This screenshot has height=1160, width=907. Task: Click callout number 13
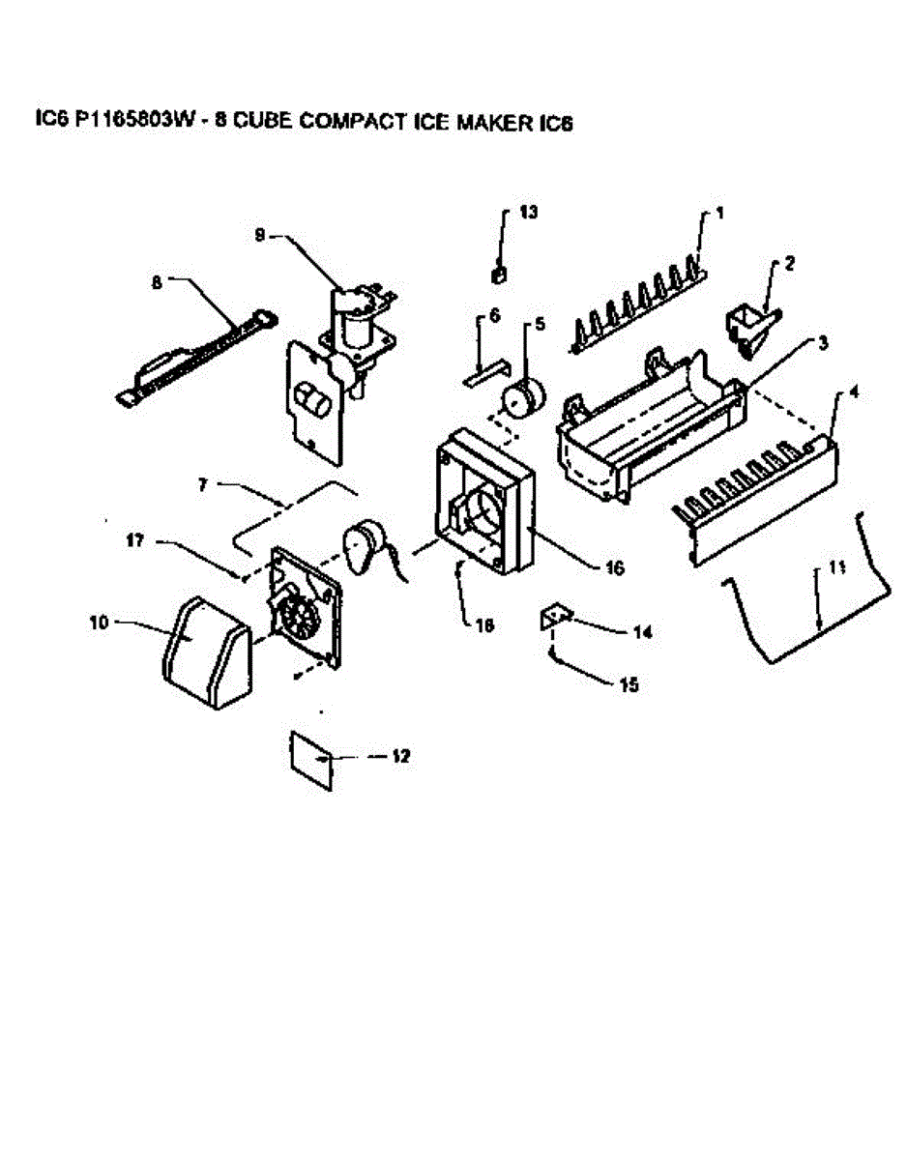[x=528, y=212]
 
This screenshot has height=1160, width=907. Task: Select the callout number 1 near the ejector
[x=720, y=213]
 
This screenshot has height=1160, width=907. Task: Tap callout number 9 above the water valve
[x=259, y=235]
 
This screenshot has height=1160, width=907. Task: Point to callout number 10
[x=99, y=623]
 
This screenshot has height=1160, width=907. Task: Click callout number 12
[x=399, y=757]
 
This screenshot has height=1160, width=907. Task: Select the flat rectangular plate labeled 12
[x=311, y=756]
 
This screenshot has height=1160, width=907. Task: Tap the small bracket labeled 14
[x=554, y=616]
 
